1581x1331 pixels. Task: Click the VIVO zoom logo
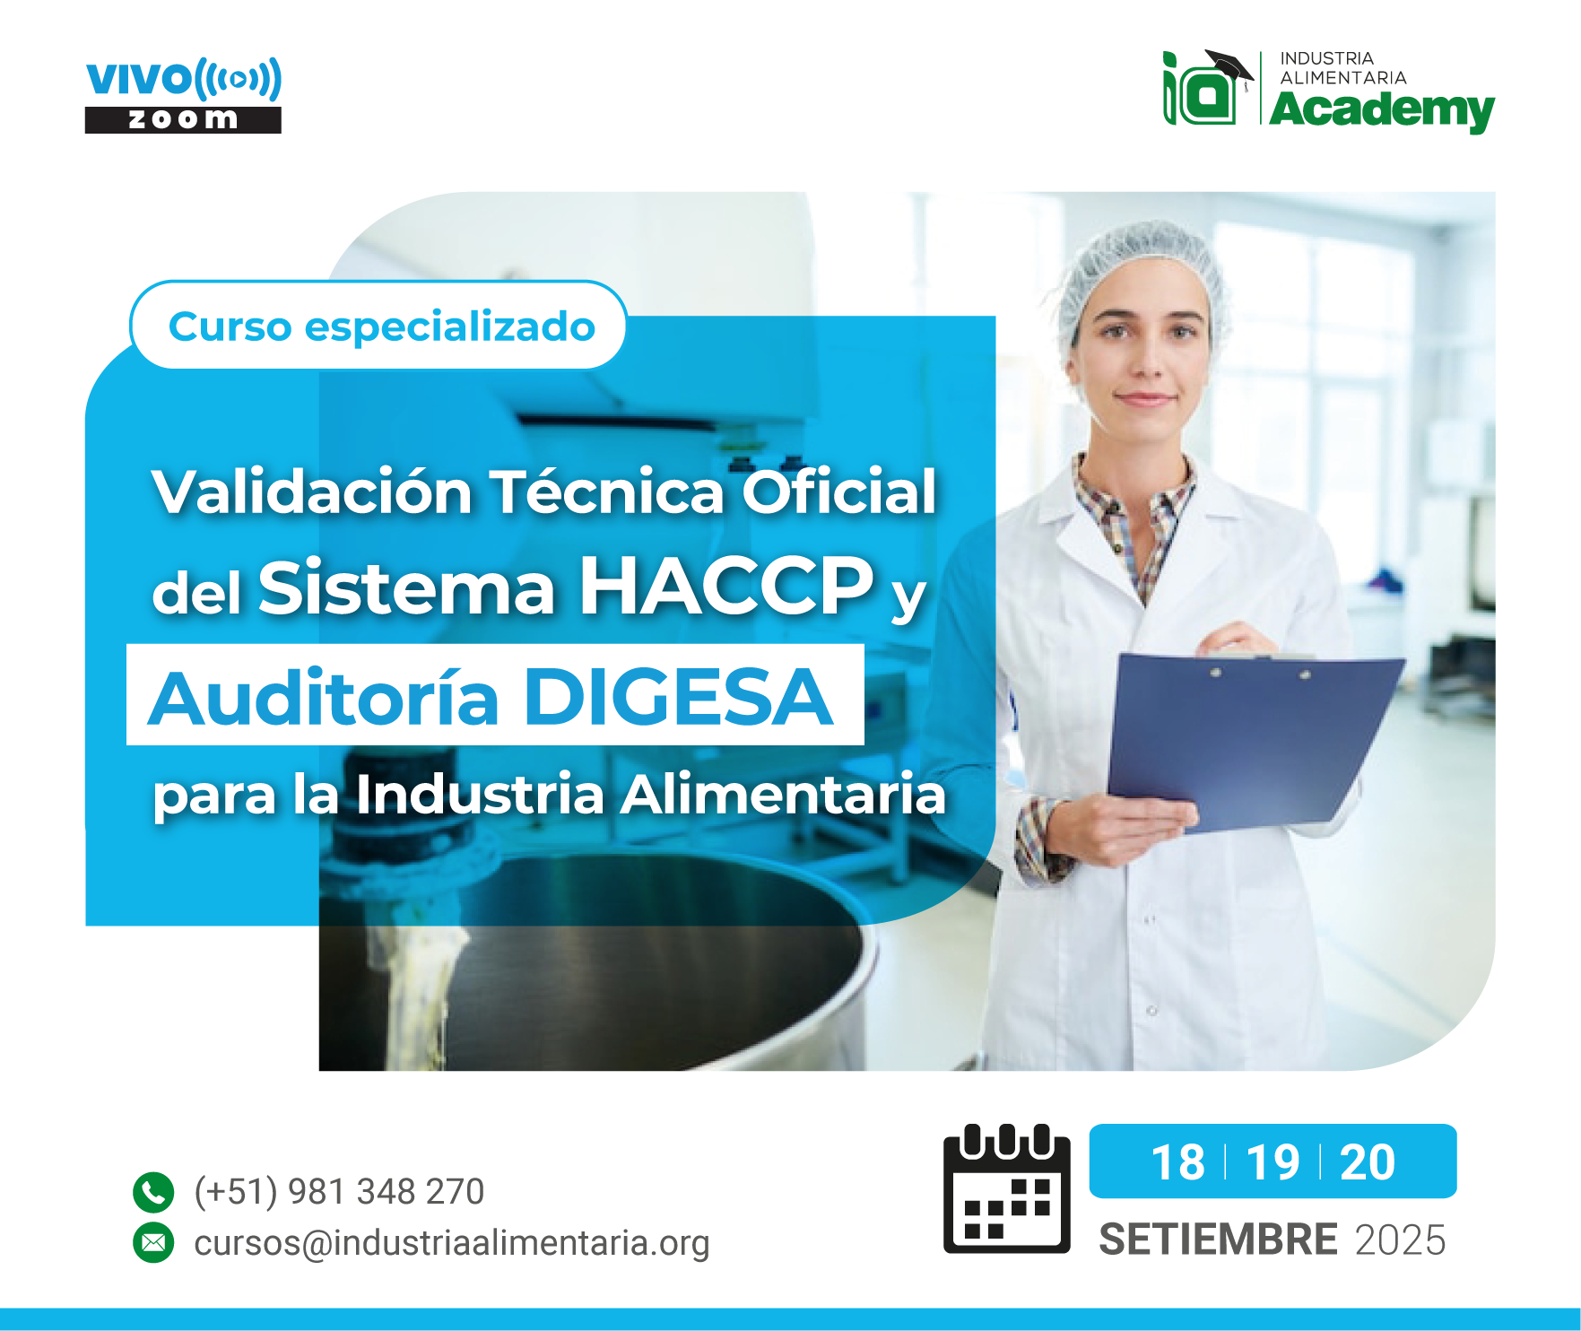click(x=183, y=96)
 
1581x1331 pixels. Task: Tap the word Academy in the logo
click(x=1382, y=110)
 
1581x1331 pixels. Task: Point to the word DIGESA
click(x=679, y=697)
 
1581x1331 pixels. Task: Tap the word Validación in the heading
click(x=312, y=492)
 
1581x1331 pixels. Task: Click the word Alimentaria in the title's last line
click(x=784, y=794)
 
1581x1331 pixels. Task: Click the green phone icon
click(x=153, y=1192)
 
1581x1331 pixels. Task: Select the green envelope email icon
click(x=153, y=1242)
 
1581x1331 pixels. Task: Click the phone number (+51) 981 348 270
click(x=339, y=1192)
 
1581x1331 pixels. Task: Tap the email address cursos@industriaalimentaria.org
click(x=452, y=1243)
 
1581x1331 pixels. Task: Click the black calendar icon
click(x=1006, y=1188)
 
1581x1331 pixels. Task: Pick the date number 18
click(x=1177, y=1162)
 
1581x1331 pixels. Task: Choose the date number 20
click(x=1368, y=1162)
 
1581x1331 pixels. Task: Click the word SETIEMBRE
click(x=1219, y=1240)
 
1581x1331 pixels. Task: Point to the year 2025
click(x=1401, y=1240)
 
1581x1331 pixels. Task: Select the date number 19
click(x=1273, y=1162)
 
